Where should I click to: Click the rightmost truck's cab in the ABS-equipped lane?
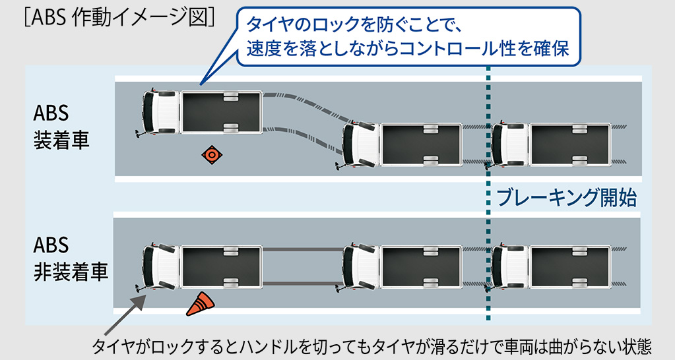tap(509, 144)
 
